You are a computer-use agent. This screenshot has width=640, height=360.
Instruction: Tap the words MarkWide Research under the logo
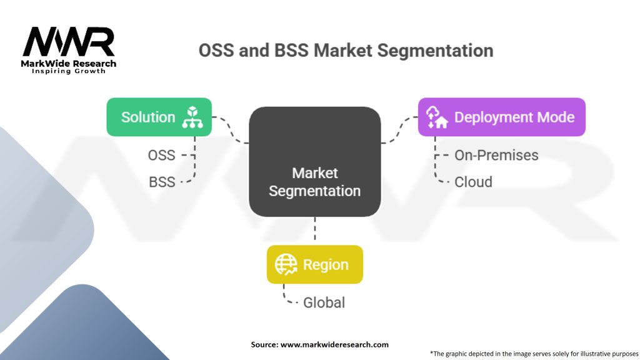69,63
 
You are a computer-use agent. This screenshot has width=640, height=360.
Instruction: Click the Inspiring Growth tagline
69,71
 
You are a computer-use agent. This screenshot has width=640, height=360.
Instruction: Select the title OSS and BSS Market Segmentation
346,50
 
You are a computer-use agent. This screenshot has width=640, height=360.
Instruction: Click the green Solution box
159,117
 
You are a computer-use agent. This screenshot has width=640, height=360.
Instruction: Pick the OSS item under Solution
161,155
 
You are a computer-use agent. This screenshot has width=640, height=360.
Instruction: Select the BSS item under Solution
161,182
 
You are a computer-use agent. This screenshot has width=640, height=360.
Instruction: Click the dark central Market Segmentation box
314,161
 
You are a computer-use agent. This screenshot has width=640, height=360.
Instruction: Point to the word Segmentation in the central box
314,191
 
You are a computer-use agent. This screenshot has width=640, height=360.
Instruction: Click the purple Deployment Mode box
501,117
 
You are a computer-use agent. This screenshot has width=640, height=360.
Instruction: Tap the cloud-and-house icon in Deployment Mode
436,117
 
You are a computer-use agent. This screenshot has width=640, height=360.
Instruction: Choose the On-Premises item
496,155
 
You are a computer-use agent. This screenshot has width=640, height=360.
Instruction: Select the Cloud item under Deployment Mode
473,182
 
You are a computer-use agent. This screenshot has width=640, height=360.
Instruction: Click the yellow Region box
314,264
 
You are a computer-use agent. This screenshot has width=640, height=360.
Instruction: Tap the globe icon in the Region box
287,264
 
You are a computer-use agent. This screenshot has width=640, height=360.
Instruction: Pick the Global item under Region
324,302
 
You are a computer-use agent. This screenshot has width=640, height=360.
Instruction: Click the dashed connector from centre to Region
314,231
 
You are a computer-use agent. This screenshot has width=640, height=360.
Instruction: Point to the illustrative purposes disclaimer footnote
534,352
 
